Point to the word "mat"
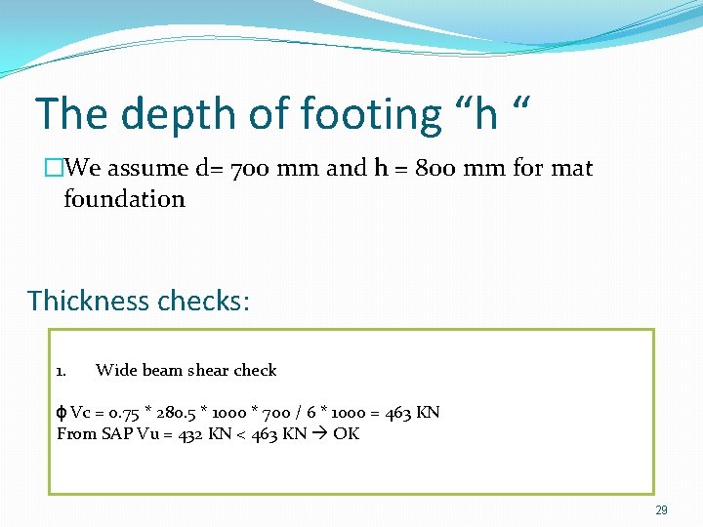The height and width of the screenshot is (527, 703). point(571,168)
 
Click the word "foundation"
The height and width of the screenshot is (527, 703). point(124,199)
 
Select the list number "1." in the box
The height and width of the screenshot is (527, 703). point(62,371)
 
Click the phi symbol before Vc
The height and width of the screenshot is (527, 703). point(62,413)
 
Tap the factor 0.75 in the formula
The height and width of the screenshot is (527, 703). point(126,413)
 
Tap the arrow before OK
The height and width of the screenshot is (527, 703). point(319,434)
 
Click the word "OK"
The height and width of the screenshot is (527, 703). point(346,434)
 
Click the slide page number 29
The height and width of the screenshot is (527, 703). point(661,510)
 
